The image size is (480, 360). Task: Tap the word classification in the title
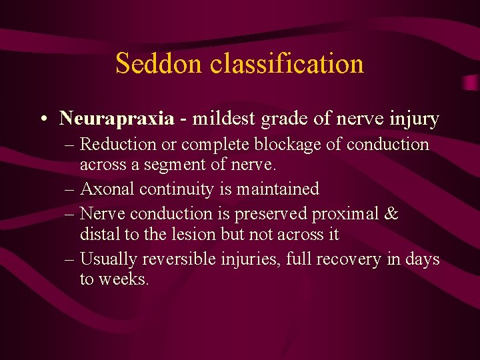[287, 64]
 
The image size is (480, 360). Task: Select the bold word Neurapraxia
[116, 119]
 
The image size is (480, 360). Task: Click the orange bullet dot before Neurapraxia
[42, 120]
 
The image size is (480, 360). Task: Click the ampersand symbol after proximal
[392, 213]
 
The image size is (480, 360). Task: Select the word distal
[97, 235]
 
